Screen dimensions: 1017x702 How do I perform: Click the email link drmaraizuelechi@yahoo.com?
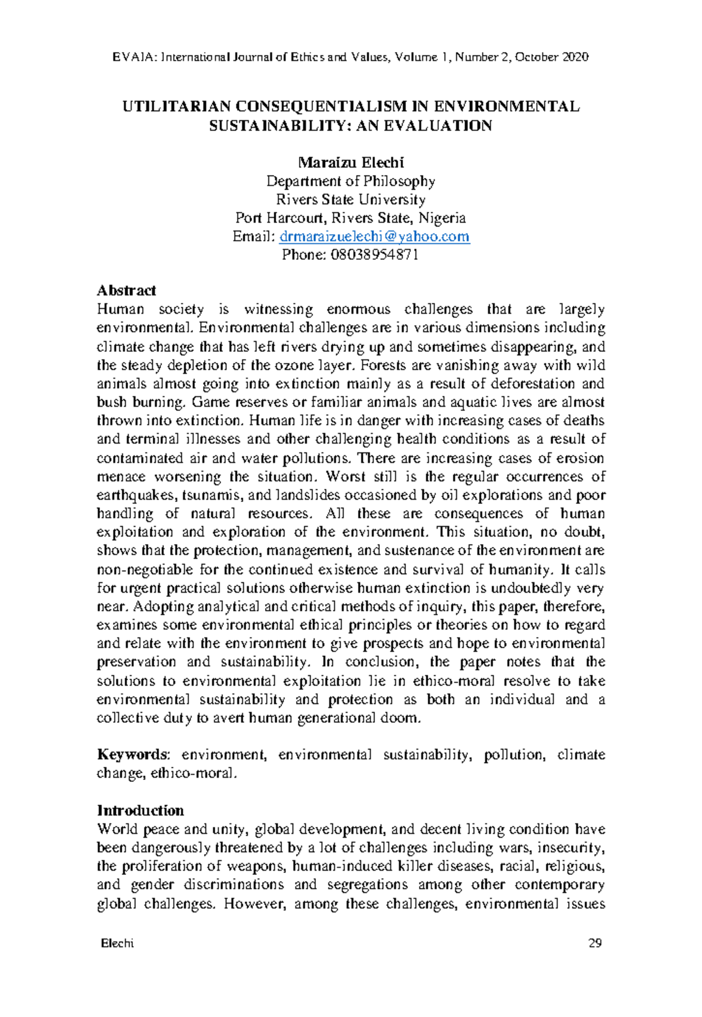[x=374, y=236]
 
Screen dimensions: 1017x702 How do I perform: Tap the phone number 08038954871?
[x=374, y=255]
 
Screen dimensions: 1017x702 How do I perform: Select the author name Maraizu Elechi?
[x=351, y=162]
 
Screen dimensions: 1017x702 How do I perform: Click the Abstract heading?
[x=126, y=290]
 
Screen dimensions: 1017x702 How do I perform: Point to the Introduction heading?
[x=140, y=810]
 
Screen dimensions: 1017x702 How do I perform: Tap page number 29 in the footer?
[x=595, y=943]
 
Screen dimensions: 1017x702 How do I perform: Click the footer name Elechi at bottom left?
[x=117, y=943]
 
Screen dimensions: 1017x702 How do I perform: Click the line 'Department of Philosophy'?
[x=351, y=181]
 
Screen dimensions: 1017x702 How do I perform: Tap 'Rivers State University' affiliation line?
[x=351, y=200]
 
